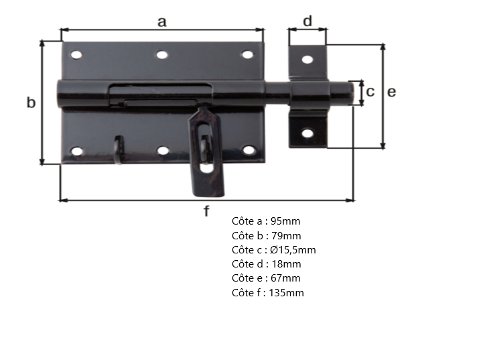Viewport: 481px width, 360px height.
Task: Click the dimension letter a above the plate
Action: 161,21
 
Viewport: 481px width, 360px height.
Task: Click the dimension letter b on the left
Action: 31,103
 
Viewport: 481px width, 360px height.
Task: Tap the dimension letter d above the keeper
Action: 307,21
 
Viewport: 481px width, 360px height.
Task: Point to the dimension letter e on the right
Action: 392,92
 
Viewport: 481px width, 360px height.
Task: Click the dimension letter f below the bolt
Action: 206,212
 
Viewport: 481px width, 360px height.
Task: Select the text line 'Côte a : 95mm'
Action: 262,221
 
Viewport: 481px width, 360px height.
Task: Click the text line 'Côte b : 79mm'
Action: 266,235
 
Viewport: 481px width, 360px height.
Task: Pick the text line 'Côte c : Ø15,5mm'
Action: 273,249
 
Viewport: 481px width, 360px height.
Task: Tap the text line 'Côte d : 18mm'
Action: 266,263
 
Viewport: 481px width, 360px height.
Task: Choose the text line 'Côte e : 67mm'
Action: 266,278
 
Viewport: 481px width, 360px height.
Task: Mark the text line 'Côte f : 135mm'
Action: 268,292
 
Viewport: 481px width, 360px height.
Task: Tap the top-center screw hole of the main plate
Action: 162,55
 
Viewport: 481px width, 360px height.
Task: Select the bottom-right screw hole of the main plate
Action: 249,150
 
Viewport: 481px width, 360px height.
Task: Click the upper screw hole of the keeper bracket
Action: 307,59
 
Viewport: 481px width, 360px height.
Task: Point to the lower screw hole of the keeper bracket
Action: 307,133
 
